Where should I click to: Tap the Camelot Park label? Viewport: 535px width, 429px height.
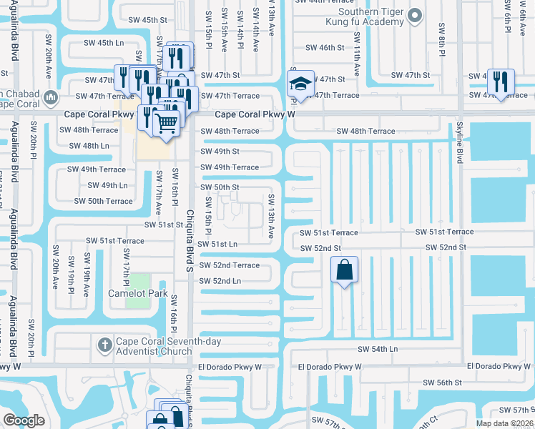pos(137,293)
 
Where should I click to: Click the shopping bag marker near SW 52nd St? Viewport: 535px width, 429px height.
pos(344,270)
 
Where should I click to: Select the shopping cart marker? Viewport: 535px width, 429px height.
pos(166,122)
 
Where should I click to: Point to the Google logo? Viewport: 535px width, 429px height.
pos(24,420)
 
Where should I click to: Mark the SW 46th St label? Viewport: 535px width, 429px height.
pos(325,48)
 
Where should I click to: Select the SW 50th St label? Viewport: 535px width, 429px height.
pos(220,187)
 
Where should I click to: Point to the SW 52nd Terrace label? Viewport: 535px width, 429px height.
pos(229,265)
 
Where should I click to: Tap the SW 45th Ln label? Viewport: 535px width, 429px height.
pos(100,43)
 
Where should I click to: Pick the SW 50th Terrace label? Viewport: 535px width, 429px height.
pos(103,201)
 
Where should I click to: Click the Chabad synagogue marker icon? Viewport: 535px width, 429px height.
pos(49,97)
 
